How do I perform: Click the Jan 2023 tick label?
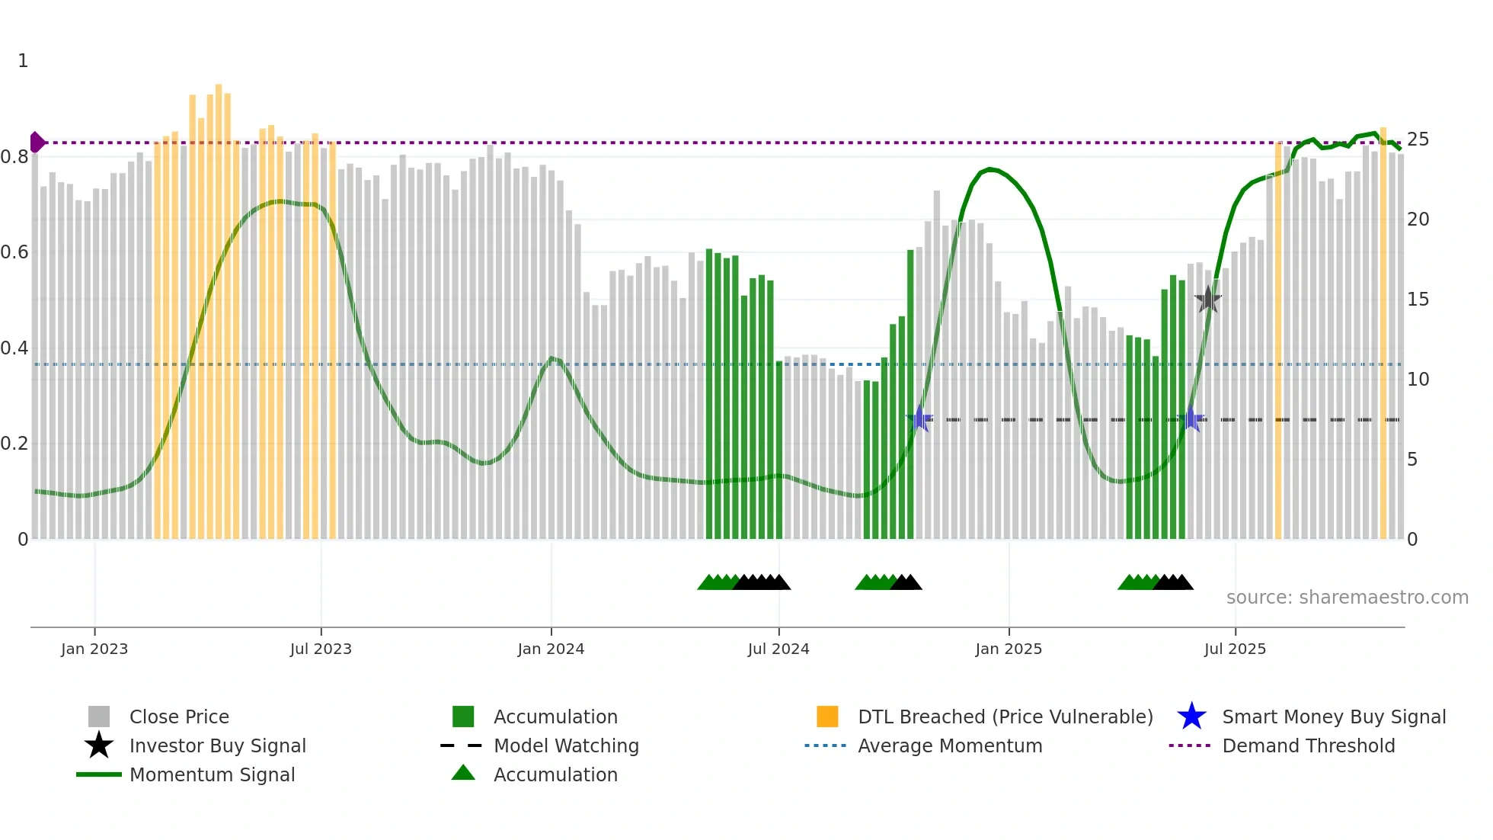94,649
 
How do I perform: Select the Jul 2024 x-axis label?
778,649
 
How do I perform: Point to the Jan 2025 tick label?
1009,649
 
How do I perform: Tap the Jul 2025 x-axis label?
1235,649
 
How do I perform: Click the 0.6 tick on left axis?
14,252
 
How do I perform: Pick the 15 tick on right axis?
1418,300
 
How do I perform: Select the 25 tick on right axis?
1418,139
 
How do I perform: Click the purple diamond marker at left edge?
37,143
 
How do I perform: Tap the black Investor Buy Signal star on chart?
1208,300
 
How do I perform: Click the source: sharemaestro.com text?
1347,598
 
